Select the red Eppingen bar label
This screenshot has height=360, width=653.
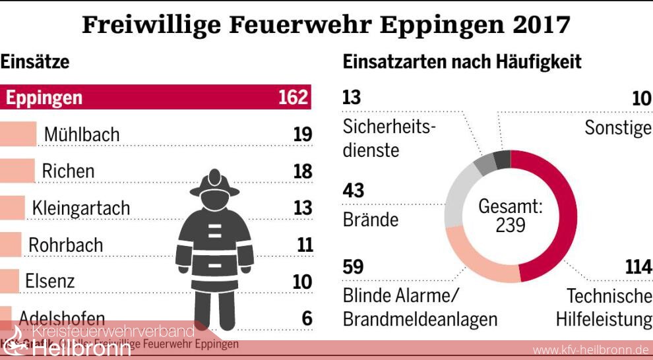[x=44, y=98]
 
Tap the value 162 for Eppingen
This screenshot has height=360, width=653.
[x=293, y=98]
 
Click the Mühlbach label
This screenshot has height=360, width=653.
[x=82, y=135]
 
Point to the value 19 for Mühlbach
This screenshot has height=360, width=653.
[x=302, y=135]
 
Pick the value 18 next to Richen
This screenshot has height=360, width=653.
[x=302, y=171]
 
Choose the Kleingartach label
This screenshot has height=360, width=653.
[x=81, y=208]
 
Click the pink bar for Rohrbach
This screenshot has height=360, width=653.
[x=11, y=245]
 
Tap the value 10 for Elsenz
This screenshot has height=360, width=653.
[x=302, y=282]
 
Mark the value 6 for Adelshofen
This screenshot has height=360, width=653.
[x=307, y=318]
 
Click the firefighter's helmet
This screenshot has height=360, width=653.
[x=214, y=185]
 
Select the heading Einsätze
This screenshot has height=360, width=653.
[x=35, y=63]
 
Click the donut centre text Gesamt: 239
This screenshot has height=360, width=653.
[x=511, y=216]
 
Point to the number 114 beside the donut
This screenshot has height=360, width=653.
[x=638, y=268]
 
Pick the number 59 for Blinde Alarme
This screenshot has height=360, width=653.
[x=354, y=268]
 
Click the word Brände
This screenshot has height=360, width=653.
[x=371, y=220]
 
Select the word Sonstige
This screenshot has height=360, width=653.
[x=617, y=127]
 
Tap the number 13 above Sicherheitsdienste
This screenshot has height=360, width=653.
[x=352, y=98]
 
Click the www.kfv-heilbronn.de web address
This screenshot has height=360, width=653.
[x=590, y=349]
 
